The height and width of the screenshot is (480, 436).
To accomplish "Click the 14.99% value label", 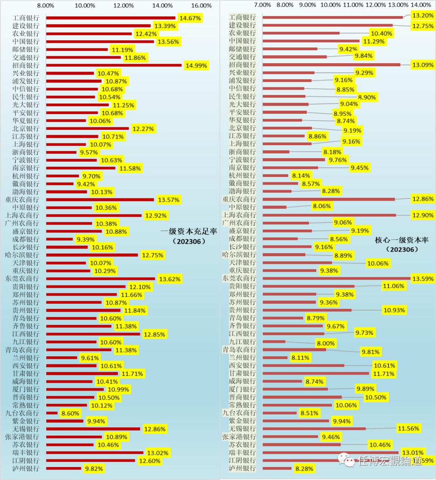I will pyautogui.click(x=196, y=65).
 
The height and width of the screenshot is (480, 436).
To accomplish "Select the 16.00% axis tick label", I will pyautogui.click(x=201, y=5).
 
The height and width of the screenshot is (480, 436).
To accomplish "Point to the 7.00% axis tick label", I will pyautogui.click(x=263, y=5).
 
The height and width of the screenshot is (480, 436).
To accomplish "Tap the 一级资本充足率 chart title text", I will pyautogui.click(x=189, y=231).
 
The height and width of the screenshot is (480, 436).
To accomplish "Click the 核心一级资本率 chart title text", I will pyautogui.click(x=402, y=240).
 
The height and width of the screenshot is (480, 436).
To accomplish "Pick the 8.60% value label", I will pyautogui.click(x=70, y=413).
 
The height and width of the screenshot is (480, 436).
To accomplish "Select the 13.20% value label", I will pyautogui.click(x=423, y=15).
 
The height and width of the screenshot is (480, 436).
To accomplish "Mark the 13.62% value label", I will pyautogui.click(x=170, y=279).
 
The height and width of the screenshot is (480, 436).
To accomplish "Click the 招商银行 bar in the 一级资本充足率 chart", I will pyautogui.click(x=114, y=65).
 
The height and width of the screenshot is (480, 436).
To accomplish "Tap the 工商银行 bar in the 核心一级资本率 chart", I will pyautogui.click(x=333, y=17).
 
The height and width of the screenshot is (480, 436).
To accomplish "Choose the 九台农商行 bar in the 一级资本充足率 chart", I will pyautogui.click(x=52, y=413).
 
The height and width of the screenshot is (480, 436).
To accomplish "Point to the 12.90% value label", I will pyautogui.click(x=423, y=215).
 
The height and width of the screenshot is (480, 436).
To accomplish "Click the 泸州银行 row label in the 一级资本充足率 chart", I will pyautogui.click(x=26, y=468).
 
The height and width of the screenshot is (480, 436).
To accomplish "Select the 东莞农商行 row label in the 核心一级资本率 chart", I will pyautogui.click(x=239, y=278).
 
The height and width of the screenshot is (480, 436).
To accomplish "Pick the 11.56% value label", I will pyautogui.click(x=408, y=428).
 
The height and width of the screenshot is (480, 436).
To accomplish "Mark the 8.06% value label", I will pyautogui.click(x=322, y=206).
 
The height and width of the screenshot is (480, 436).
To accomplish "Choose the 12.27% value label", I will pyautogui.click(x=143, y=129).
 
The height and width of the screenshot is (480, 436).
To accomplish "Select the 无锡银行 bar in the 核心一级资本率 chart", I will pyautogui.click(x=314, y=429).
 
